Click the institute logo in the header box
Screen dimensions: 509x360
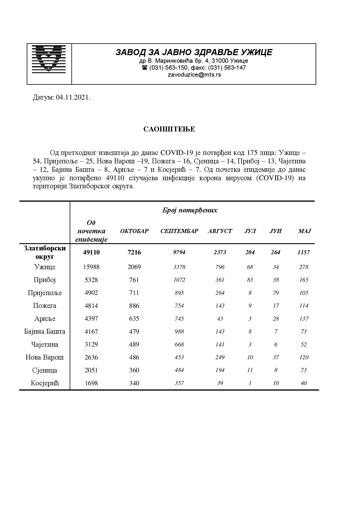[48, 58]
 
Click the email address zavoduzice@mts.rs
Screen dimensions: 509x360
[194, 75]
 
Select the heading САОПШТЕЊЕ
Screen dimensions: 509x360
[169, 129]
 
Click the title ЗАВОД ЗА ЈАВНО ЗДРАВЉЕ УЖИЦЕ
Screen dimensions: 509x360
[194, 52]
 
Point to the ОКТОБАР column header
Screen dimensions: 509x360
[134, 231]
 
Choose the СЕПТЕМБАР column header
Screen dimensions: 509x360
[179, 231]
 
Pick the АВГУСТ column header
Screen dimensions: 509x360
[220, 231]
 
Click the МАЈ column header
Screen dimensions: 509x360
[304, 231]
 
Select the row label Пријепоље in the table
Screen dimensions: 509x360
[45, 293]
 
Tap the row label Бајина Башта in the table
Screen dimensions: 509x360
[45, 331]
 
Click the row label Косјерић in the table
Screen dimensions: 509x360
[45, 383]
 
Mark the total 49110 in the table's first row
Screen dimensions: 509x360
[91, 252]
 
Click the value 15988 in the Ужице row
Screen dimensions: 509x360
[91, 267]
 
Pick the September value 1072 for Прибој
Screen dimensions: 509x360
[179, 280]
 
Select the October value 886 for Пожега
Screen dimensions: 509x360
[134, 306]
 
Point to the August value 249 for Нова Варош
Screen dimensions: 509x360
[220, 357]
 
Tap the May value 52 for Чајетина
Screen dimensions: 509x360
[304, 344]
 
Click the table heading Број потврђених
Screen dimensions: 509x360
[190, 210]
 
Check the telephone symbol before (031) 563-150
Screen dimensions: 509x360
[145, 68]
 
